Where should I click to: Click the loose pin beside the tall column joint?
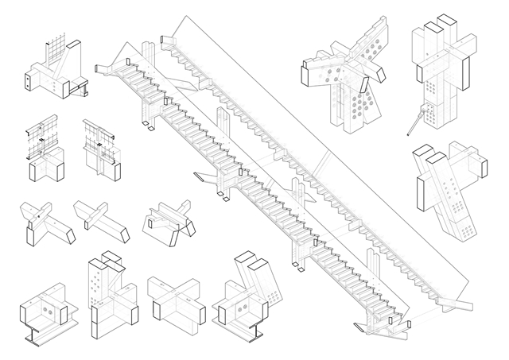tap(414, 122)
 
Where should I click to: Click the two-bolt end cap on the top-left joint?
tap(29, 81)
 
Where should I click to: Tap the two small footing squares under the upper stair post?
tap(148, 122)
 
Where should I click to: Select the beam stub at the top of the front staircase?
tap(107, 67)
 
